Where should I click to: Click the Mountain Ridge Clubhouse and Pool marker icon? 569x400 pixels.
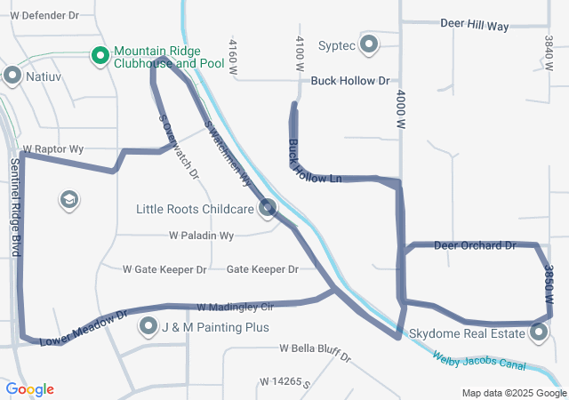(x=100, y=57)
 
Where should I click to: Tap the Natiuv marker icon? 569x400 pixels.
(x=12, y=76)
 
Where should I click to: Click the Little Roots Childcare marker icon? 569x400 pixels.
(x=268, y=210)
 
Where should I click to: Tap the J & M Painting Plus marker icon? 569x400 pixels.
(x=148, y=327)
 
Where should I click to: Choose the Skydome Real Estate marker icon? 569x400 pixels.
(x=539, y=333)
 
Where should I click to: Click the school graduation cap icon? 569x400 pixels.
(x=68, y=200)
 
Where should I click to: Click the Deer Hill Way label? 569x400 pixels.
(x=474, y=26)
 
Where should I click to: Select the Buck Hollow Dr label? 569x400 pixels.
(x=350, y=81)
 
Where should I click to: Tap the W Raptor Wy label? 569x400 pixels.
(x=53, y=149)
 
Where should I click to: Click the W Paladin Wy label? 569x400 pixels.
(x=201, y=236)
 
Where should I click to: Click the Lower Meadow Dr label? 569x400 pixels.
(x=84, y=325)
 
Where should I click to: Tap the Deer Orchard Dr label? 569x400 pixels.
(x=475, y=244)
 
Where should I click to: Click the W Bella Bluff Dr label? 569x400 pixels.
(x=315, y=353)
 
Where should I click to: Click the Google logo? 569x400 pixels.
(x=29, y=389)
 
